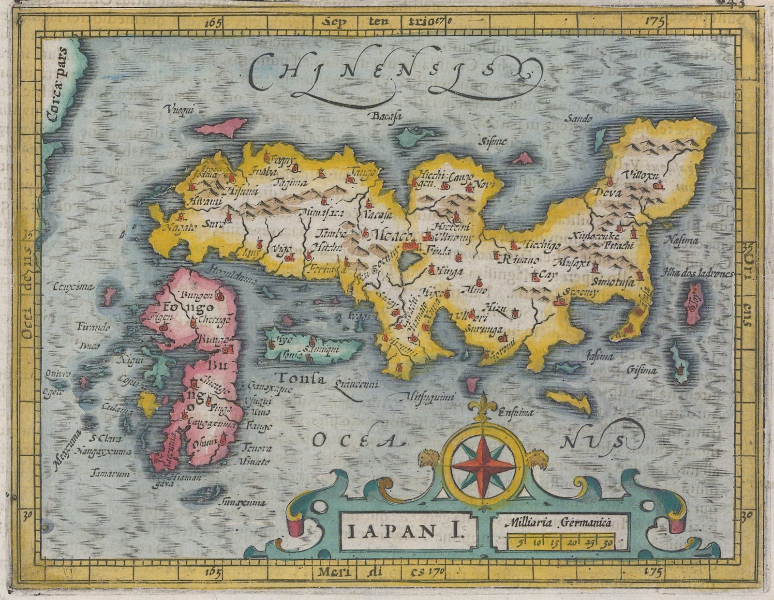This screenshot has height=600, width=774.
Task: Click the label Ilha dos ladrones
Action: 704,273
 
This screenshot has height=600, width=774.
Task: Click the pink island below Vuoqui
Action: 222,128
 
